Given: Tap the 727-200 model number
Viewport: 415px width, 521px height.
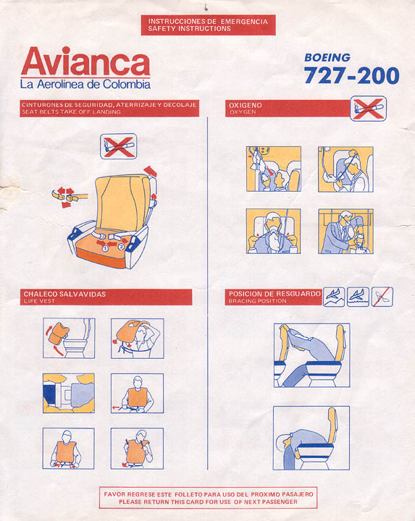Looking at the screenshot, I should point(351,75).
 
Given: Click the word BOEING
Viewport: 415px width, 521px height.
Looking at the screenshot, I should point(327,57).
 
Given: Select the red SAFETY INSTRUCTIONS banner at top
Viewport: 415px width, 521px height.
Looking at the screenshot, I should point(208,25).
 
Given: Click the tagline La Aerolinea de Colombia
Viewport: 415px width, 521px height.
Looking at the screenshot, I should point(85,85).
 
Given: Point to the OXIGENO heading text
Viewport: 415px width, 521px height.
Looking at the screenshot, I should point(245,106).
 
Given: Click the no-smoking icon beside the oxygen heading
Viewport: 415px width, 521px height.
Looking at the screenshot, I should point(368,109).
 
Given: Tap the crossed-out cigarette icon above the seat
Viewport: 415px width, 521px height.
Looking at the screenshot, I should point(118,145).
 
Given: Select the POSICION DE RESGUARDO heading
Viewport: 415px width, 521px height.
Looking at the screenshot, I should point(273,293).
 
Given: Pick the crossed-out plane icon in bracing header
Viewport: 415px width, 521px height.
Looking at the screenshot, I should point(382,296).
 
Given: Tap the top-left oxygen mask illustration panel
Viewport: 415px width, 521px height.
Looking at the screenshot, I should point(273,169).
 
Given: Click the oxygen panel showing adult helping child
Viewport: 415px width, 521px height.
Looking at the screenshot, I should point(345,231).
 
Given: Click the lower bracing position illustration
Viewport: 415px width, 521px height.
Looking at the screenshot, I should point(311,437).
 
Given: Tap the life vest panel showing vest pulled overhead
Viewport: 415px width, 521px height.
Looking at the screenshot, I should point(137,338).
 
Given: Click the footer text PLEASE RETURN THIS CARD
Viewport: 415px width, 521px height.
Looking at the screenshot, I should point(208,501).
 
